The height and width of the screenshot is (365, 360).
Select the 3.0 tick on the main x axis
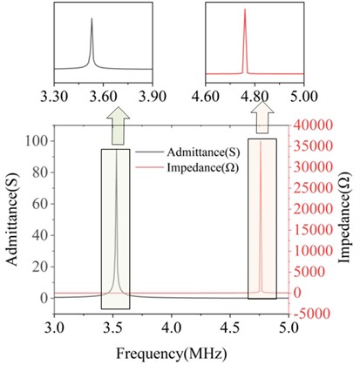55,329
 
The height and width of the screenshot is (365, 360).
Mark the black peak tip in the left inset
92,20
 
